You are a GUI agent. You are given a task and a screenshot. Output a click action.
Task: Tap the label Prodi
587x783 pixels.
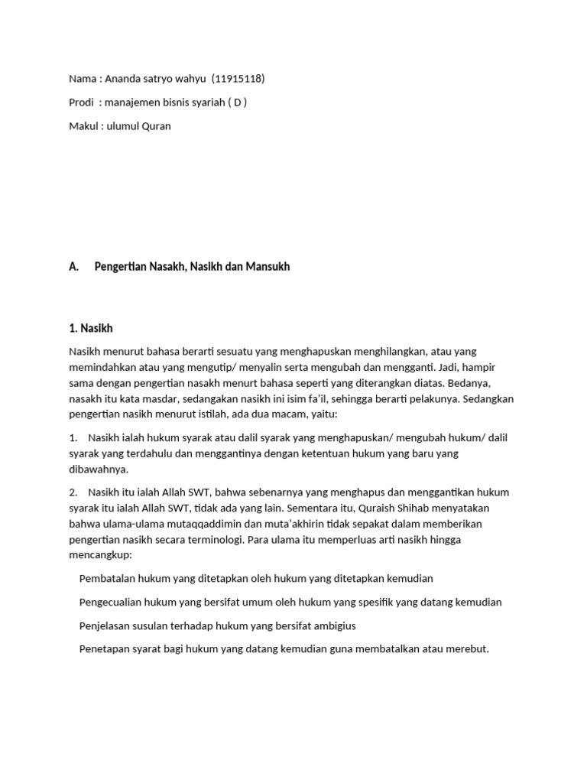coord(81,102)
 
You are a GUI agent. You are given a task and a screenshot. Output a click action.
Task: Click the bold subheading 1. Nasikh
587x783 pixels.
coord(90,328)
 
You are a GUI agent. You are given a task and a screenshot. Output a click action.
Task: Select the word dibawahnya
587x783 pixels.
coord(99,469)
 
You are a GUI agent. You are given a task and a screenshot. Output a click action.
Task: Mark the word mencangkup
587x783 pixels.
coord(100,555)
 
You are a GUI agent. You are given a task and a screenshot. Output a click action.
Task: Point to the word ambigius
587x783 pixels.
coord(333,626)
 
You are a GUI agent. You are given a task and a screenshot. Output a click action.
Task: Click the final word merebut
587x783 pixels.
coord(466,649)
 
